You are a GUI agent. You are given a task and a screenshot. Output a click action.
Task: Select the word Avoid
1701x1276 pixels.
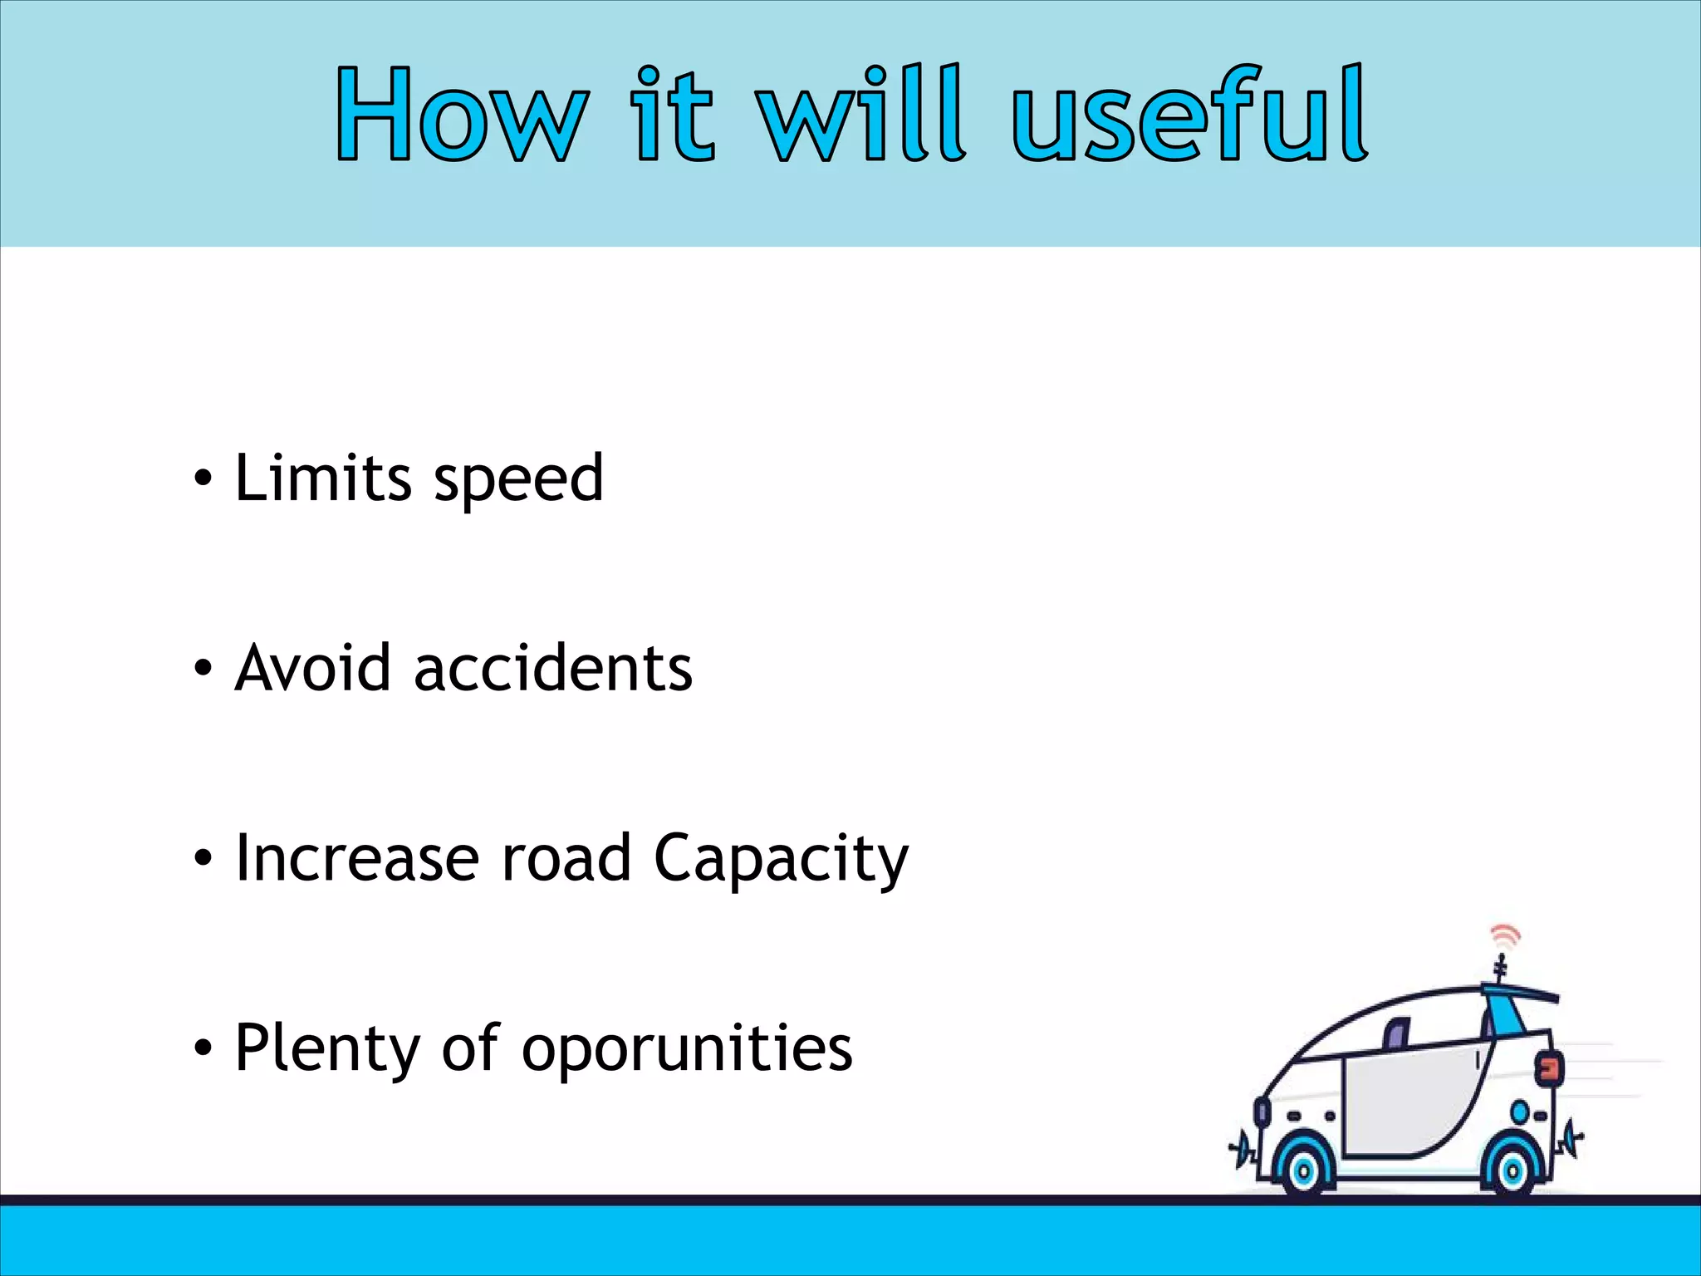click(312, 668)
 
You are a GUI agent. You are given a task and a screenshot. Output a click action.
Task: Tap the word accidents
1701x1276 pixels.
click(552, 668)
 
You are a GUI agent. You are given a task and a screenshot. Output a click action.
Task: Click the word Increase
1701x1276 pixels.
click(357, 857)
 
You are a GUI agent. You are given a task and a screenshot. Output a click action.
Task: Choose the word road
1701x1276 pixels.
click(566, 857)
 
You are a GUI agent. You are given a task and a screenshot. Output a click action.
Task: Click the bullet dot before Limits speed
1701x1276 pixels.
click(203, 479)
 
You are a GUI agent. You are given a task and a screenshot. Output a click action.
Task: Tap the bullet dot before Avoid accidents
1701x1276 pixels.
click(203, 669)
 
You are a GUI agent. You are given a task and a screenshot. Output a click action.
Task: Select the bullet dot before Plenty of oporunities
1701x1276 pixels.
click(203, 1048)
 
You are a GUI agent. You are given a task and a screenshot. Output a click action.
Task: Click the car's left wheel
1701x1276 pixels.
click(1303, 1170)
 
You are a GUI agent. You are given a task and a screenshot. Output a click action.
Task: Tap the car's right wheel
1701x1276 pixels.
click(1512, 1170)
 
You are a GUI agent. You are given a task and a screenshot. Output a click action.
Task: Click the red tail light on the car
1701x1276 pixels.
click(1548, 1068)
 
